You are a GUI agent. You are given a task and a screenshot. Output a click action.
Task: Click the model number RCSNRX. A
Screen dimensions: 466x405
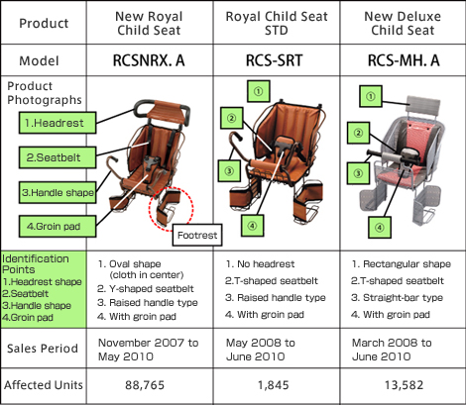(x=149, y=60)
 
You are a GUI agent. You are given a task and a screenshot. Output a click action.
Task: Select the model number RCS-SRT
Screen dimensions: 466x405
(x=275, y=60)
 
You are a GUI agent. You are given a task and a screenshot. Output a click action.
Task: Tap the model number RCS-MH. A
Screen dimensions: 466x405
(x=404, y=60)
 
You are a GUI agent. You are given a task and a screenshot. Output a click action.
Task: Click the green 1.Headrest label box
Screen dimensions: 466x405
(x=58, y=123)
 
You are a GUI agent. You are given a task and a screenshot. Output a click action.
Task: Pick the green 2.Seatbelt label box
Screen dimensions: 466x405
(x=58, y=157)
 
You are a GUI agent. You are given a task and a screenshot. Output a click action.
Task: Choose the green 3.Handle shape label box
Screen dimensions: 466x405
(x=58, y=192)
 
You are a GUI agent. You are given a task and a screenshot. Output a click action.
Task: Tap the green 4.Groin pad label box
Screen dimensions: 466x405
(x=58, y=227)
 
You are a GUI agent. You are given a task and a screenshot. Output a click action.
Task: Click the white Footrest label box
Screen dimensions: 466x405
(x=197, y=235)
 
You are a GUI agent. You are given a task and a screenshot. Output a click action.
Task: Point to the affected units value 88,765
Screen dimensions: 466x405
(x=145, y=385)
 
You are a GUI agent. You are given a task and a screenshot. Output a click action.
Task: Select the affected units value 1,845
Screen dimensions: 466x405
(x=274, y=385)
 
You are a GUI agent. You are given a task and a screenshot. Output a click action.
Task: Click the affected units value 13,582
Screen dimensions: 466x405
(x=404, y=385)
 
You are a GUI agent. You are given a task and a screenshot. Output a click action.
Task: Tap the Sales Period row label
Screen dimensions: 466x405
(x=43, y=349)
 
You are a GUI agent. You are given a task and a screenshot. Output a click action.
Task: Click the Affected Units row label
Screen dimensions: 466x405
(x=44, y=385)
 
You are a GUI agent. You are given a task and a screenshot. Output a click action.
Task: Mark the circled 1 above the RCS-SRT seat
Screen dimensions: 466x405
(x=259, y=91)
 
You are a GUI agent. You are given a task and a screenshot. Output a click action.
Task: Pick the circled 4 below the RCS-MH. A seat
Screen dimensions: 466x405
(x=380, y=228)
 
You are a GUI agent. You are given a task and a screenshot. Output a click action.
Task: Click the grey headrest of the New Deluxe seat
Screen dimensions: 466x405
(x=423, y=105)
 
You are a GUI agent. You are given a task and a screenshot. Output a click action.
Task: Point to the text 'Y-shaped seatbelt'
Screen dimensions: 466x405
(x=152, y=289)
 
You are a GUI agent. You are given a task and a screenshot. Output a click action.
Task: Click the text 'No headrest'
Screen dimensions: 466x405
(x=266, y=264)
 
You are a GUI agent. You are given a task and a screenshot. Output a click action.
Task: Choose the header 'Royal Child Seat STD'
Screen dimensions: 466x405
(x=277, y=23)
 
